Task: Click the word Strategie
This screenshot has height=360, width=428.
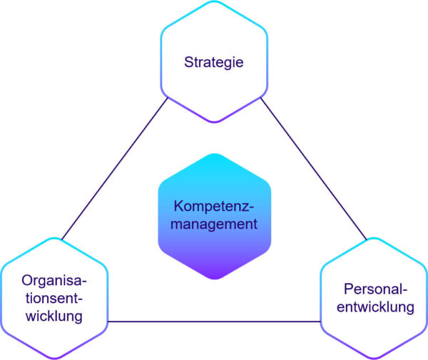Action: (214, 62)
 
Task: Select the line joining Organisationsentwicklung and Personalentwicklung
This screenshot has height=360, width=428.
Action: (214, 321)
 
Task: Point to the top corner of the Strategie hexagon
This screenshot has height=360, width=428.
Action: (214, 2)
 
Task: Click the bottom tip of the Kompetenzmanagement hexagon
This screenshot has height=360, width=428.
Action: (214, 280)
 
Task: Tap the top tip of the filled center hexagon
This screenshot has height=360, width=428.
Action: (214, 154)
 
